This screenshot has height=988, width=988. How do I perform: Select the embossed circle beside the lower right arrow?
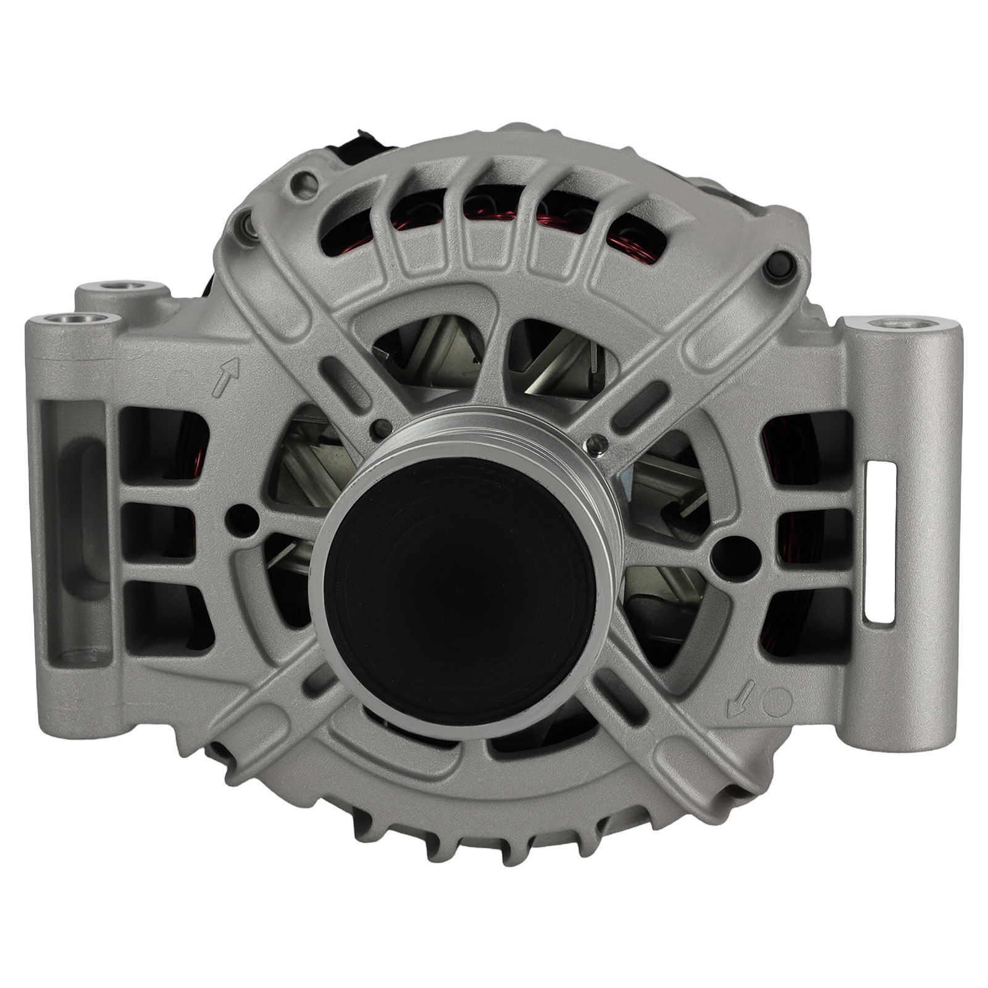pyautogui.click(x=777, y=703)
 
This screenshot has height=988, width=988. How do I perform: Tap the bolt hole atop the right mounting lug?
pyautogui.click(x=900, y=324)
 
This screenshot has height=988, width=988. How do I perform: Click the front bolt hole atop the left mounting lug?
pyautogui.click(x=72, y=320)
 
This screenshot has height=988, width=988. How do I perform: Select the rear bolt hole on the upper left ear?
pyautogui.click(x=122, y=287)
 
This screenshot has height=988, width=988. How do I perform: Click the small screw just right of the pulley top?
pyautogui.click(x=597, y=442)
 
